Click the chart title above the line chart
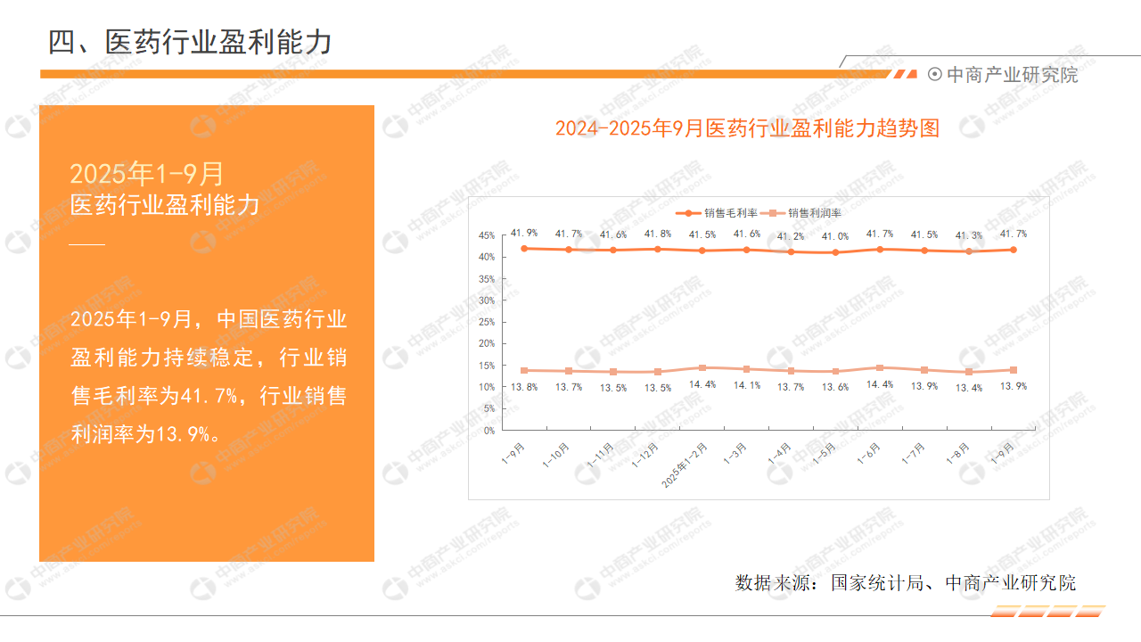coord(747,128)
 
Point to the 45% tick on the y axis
coord(487,235)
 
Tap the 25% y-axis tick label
coord(487,322)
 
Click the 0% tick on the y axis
coord(489,431)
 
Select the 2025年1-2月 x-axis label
coord(685,465)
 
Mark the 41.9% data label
coord(524,233)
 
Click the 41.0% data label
coord(835,236)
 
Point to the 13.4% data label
coord(969,388)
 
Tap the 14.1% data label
coord(747,385)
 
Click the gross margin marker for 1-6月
coord(880,250)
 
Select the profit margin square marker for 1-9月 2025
coord(1014,370)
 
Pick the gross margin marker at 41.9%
coord(524,249)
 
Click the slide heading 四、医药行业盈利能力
coord(190,42)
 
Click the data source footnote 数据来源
coord(905,582)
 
